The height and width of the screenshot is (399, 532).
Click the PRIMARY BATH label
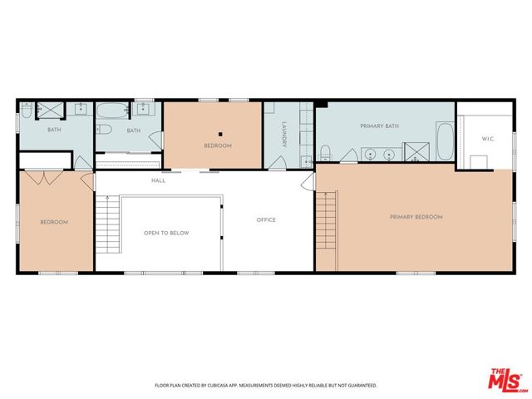tap(379, 126)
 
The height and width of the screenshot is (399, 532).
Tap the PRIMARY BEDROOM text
tap(416, 217)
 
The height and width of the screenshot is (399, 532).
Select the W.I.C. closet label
tap(488, 139)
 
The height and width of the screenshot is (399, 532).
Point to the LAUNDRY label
tap(284, 135)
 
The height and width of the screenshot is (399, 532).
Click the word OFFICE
tap(266, 219)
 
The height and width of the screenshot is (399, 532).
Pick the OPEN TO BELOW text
tap(166, 233)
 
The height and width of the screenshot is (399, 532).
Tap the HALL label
tap(159, 180)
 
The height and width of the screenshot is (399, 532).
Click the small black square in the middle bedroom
tap(220, 135)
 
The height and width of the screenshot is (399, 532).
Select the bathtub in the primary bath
tap(446, 141)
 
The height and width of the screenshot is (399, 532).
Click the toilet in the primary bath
tap(325, 153)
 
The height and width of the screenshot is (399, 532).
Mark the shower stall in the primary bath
tap(416, 151)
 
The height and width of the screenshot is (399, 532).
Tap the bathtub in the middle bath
tap(112, 111)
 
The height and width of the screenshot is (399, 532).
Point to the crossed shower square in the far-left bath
tap(50, 111)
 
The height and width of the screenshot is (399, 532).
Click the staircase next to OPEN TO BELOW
tap(108, 224)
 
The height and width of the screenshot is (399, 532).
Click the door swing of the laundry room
tap(277, 163)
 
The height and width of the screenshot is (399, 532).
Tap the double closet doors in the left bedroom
tap(44, 177)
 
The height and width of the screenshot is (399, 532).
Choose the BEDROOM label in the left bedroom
tap(54, 222)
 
